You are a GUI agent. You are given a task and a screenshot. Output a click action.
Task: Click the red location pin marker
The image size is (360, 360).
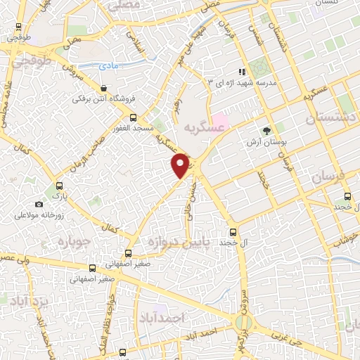pyautogui.click(x=181, y=165)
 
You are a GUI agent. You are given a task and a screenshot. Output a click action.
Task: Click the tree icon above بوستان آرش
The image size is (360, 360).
pyautogui.click(x=266, y=131)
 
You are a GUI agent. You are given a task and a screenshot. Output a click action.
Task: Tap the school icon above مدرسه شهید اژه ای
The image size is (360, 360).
pyautogui.click(x=242, y=71)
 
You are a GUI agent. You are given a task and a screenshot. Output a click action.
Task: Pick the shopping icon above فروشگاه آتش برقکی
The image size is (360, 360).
pyautogui.click(x=104, y=89)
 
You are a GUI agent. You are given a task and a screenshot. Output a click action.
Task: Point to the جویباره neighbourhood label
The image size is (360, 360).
pyautogui.click(x=66, y=244)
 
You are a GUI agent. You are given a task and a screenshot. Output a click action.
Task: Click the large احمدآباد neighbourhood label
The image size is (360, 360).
pyautogui.click(x=162, y=318)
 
